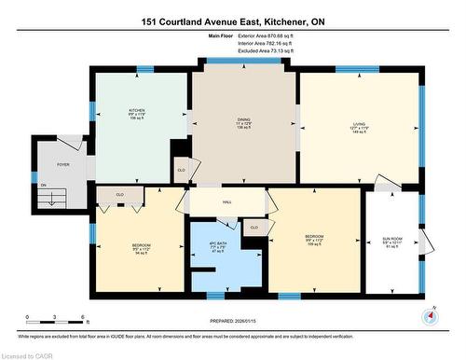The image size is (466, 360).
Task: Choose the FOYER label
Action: point(63,164)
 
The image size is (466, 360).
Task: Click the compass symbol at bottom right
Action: point(429,315)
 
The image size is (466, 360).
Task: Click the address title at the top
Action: point(232,21)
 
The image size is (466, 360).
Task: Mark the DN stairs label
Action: point(43,185)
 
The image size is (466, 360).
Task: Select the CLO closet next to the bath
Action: point(254,227)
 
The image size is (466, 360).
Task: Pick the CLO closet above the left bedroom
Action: point(120,194)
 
